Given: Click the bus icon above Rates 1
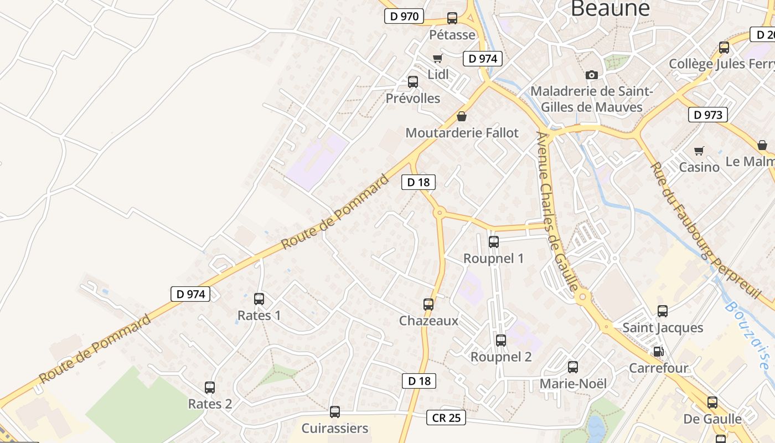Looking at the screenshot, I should pyautogui.click(x=259, y=299).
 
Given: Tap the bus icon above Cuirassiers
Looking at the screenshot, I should pyautogui.click(x=334, y=412).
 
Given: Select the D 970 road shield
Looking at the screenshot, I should pyautogui.click(x=404, y=16).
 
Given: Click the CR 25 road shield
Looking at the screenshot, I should pyautogui.click(x=446, y=418).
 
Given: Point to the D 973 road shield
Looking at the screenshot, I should pyautogui.click(x=707, y=115).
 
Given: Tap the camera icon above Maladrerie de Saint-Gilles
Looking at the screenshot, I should pyautogui.click(x=592, y=75).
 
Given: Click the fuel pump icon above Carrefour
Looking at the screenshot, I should pyautogui.click(x=658, y=351).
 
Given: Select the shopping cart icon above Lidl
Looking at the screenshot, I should pyautogui.click(x=437, y=58).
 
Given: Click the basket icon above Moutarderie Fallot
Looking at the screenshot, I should pyautogui.click(x=462, y=116).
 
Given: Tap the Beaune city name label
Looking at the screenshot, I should pyautogui.click(x=609, y=9).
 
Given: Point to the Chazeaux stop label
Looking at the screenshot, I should pyautogui.click(x=428, y=321).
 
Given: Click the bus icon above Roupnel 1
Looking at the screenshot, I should pyautogui.click(x=493, y=242).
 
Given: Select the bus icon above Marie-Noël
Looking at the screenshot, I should pyautogui.click(x=573, y=367).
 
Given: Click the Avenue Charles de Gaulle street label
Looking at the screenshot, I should pyautogui.click(x=558, y=210).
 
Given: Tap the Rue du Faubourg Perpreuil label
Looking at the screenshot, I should pyautogui.click(x=703, y=230).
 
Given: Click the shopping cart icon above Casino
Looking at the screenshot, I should pyautogui.click(x=699, y=151).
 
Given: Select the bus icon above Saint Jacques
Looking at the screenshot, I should pyautogui.click(x=663, y=311).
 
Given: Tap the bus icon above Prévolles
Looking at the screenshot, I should pyautogui.click(x=413, y=82).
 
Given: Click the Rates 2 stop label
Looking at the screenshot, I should pyautogui.click(x=210, y=404).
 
